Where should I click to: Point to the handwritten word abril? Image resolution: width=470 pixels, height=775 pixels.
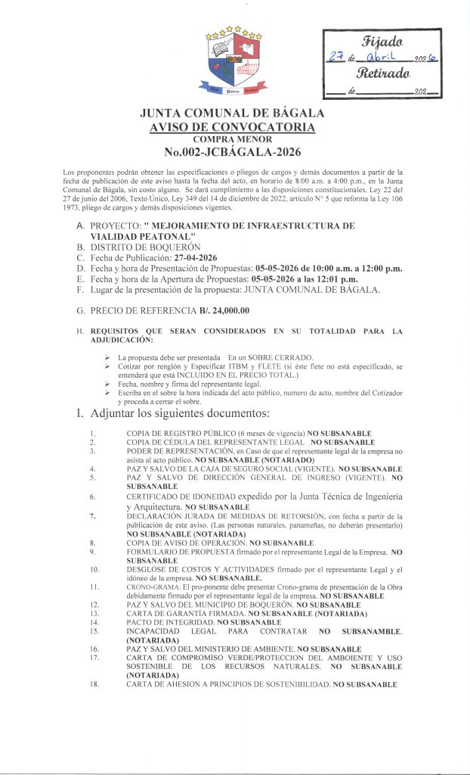[386, 58]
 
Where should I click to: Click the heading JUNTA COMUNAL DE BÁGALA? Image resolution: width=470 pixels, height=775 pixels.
[233, 114]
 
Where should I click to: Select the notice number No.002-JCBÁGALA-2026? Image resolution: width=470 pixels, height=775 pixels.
[233, 152]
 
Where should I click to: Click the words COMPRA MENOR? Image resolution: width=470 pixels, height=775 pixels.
[233, 139]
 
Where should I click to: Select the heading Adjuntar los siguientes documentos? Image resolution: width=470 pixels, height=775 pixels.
[179, 413]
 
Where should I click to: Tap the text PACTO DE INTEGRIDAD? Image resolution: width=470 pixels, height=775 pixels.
[165, 621]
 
